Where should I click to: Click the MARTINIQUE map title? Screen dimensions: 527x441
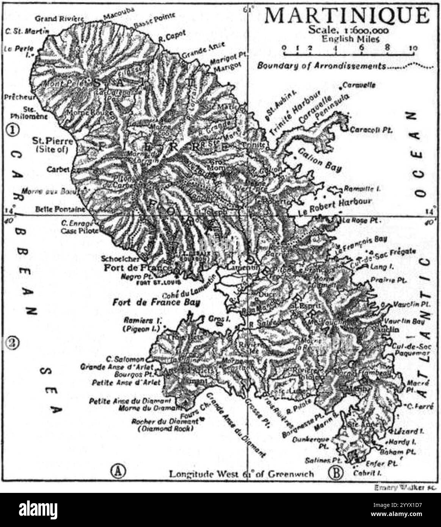(347, 16)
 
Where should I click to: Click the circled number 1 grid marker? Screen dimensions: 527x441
(13, 130)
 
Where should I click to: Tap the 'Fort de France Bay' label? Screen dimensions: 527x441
(156, 303)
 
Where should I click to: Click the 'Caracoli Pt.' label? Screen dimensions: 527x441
(370, 130)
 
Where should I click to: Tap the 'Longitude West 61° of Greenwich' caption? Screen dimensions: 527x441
(241, 474)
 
